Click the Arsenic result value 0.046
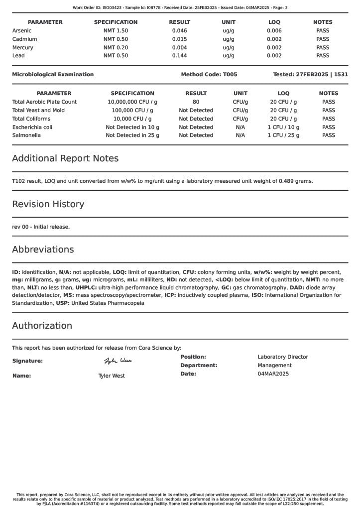click(x=179, y=31)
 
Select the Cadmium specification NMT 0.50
click(x=116, y=39)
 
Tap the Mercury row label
click(x=22, y=48)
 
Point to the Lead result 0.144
click(x=179, y=56)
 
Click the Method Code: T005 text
click(x=209, y=75)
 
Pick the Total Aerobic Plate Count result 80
click(x=196, y=102)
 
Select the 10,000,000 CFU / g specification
click(x=132, y=102)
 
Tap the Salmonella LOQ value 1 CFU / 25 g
click(x=283, y=135)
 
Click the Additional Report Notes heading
click(x=65, y=158)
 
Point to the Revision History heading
click(x=48, y=204)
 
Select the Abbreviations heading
click(x=43, y=250)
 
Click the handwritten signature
click(x=118, y=361)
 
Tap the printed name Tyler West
click(x=112, y=376)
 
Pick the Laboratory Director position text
click(x=283, y=357)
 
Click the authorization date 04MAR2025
click(x=273, y=374)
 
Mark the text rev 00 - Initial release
click(x=41, y=227)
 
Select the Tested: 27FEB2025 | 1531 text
click(x=311, y=75)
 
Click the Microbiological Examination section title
click(x=53, y=75)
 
